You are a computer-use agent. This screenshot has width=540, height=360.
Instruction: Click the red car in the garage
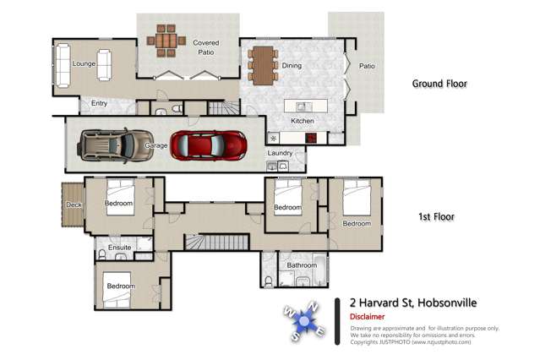click(209, 145)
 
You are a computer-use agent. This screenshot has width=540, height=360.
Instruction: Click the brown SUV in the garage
click(112, 145)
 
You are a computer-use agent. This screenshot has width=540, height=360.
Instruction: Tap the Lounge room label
click(84, 63)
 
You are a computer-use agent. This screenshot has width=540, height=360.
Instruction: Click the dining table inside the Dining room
click(263, 65)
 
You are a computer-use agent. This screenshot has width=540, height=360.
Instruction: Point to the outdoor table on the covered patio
click(166, 40)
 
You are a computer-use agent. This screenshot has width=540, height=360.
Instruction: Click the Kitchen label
click(303, 121)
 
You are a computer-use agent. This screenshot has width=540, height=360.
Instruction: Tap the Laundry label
click(279, 153)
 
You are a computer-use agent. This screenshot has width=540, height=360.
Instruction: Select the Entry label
click(99, 103)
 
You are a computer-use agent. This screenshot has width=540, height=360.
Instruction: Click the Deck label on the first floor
click(73, 205)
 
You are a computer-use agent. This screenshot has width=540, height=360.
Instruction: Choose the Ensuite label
click(118, 248)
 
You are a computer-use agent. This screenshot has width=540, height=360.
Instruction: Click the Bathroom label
click(302, 265)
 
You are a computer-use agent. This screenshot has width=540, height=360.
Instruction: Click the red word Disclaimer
click(368, 316)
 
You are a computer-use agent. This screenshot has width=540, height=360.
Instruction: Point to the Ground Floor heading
click(439, 84)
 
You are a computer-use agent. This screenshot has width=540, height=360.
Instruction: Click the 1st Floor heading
click(436, 217)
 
